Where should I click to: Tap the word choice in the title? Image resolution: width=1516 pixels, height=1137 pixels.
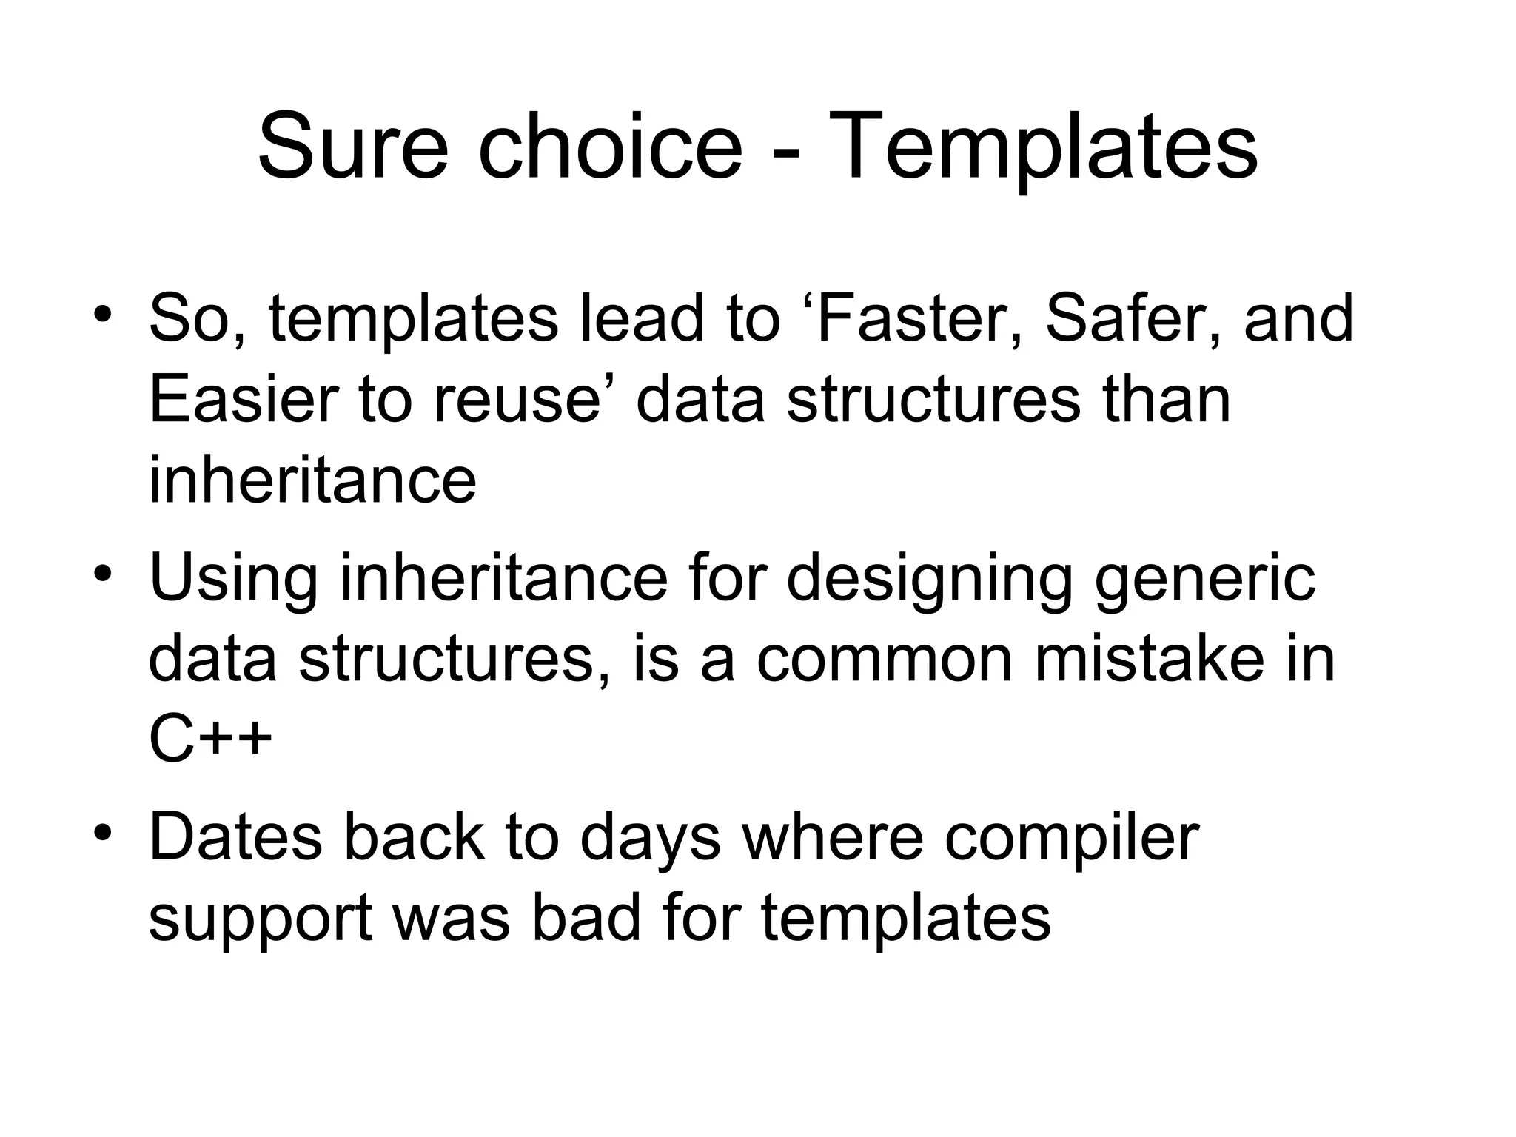(x=610, y=146)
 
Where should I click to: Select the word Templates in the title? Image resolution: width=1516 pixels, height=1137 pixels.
(x=1044, y=146)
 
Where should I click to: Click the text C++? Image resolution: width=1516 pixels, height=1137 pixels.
(x=210, y=740)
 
